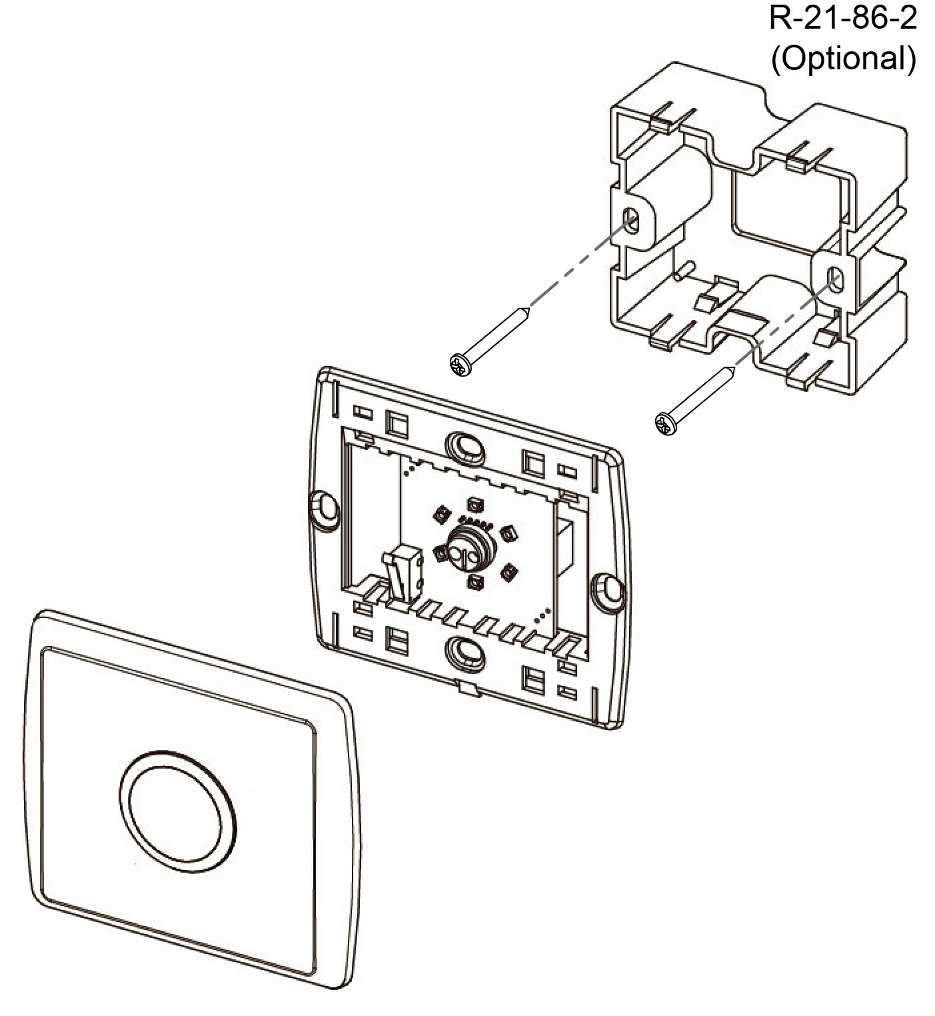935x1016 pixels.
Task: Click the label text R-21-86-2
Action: [843, 18]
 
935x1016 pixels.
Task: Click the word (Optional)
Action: [843, 58]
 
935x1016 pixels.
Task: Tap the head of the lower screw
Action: [666, 423]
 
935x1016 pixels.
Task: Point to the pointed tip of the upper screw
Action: [528, 309]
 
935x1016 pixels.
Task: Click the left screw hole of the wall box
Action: [631, 220]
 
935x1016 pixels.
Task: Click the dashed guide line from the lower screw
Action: [784, 323]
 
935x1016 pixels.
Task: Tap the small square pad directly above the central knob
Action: [474, 505]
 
